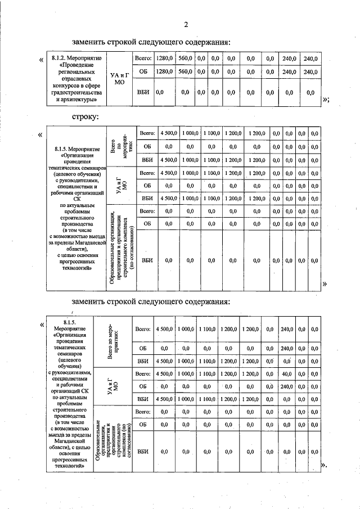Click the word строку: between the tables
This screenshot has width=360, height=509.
pos(85,117)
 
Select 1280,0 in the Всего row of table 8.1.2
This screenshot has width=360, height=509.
pos(165,58)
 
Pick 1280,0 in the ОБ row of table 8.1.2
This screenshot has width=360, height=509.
pos(165,72)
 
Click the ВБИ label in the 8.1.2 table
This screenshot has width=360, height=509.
pos(143,92)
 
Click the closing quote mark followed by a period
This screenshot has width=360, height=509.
pos(323,466)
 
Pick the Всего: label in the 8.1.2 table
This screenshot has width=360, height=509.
pos(143,58)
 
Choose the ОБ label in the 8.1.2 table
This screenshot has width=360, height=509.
pos(143,72)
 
